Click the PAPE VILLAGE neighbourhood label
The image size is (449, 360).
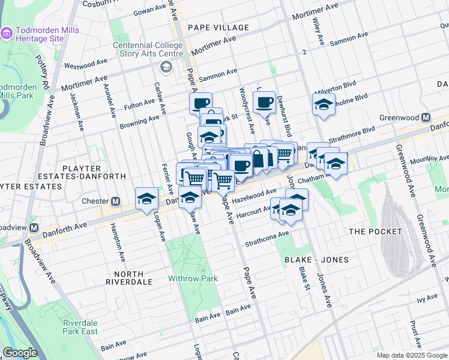218,28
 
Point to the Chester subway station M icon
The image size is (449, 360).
115,201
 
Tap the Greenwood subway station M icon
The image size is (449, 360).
426,118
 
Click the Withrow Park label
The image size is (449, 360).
193,278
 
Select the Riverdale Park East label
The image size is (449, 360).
80,327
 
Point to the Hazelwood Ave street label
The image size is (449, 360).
254,194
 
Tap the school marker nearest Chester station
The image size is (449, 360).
146,198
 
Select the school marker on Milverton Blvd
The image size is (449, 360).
323,104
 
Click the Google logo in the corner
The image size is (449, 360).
20,353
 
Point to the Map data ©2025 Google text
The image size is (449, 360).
411,355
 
